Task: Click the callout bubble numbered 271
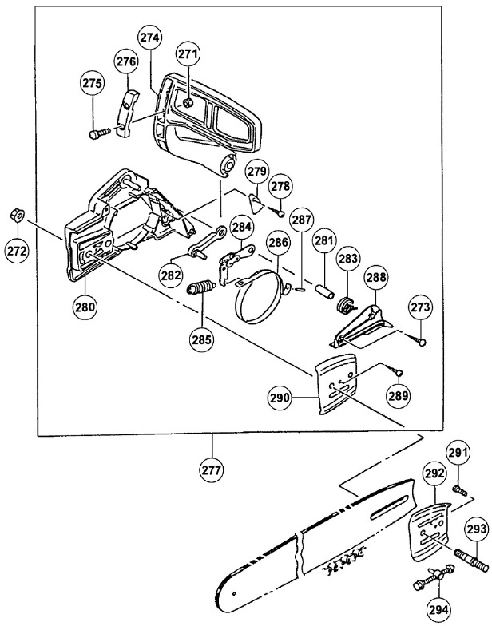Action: click(x=188, y=54)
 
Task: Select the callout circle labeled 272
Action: click(x=17, y=250)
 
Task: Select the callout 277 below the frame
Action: click(x=212, y=464)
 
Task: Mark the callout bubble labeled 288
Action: click(x=376, y=277)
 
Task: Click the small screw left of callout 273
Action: click(x=418, y=340)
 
